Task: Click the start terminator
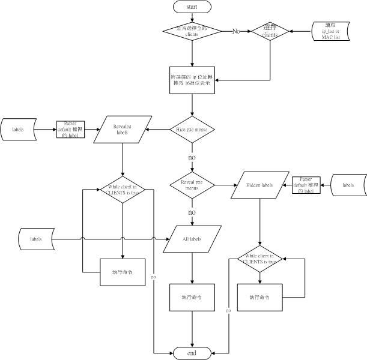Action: coord(192,7)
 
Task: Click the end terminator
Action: coord(192,353)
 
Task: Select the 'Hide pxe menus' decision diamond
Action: coord(192,129)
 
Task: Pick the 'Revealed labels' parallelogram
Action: coord(123,129)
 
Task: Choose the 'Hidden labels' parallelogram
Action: coord(259,185)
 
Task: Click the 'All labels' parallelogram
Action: coord(192,239)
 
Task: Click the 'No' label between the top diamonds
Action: coord(237,31)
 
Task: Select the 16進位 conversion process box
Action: coord(192,80)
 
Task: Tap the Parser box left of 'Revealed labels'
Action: coord(70,130)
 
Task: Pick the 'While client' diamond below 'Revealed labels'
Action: coord(123,191)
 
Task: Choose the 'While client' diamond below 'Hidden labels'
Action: coord(259,259)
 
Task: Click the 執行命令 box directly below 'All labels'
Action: coord(192,297)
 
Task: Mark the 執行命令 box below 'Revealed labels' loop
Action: coord(123,272)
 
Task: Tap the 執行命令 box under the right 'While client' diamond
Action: coord(259,297)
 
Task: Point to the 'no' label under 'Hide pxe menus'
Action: coord(192,157)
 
